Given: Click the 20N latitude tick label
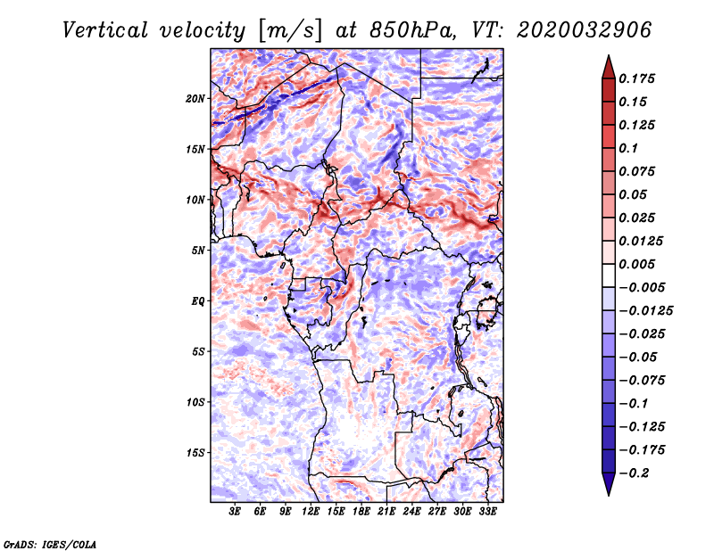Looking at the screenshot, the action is click(195, 99).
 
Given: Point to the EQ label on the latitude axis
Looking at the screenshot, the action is click(198, 301).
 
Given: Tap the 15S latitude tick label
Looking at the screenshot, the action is click(195, 453).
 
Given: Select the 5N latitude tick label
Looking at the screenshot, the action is click(198, 251).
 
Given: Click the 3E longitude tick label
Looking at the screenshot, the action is click(235, 511).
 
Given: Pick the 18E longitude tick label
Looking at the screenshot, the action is click(361, 511).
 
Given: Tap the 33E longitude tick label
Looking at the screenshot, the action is click(487, 511).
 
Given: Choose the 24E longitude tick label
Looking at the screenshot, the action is click(411, 511).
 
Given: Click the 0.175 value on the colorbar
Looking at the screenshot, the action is click(636, 78).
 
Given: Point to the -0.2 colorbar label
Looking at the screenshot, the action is click(634, 473).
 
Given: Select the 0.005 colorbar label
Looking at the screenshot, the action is click(636, 264).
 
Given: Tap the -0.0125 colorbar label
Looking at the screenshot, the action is click(645, 311).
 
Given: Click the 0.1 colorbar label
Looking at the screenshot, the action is click(628, 148).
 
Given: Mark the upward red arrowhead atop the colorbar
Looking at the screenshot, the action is click(609, 67).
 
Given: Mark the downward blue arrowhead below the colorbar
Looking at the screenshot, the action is click(609, 484).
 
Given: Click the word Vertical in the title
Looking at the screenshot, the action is click(105, 30).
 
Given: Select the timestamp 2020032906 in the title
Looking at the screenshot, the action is click(585, 30).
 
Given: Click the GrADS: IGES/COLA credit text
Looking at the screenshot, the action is click(50, 545).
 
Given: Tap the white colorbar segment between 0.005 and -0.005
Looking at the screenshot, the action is click(609, 275).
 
